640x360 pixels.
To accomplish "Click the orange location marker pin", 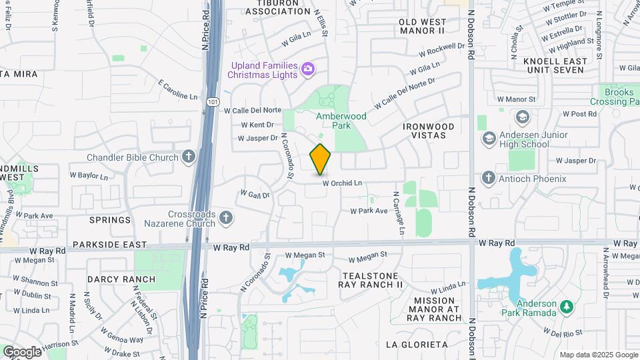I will coord(321,159).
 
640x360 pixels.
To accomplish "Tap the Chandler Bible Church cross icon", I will coord(189,157).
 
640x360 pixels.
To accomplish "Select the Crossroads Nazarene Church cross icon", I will coord(226,217).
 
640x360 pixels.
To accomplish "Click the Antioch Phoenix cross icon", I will coord(489,179).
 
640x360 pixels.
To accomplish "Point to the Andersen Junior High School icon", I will coord(489,139).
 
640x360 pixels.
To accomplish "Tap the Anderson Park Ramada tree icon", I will coord(567,307).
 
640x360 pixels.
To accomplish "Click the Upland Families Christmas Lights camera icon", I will coord(307,69).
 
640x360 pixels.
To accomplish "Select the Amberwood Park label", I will coord(342,121).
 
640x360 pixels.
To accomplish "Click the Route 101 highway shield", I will coord(211,102).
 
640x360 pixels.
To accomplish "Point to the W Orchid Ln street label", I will coord(342,183).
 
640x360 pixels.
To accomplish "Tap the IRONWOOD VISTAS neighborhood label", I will coord(429,130).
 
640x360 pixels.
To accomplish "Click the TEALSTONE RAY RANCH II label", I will coord(371,280).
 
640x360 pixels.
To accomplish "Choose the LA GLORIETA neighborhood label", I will coord(417,345).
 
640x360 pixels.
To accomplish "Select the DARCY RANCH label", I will coord(121,279).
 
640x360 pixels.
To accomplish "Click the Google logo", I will coord(21,351).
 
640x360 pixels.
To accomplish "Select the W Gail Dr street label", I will coord(255,195).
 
